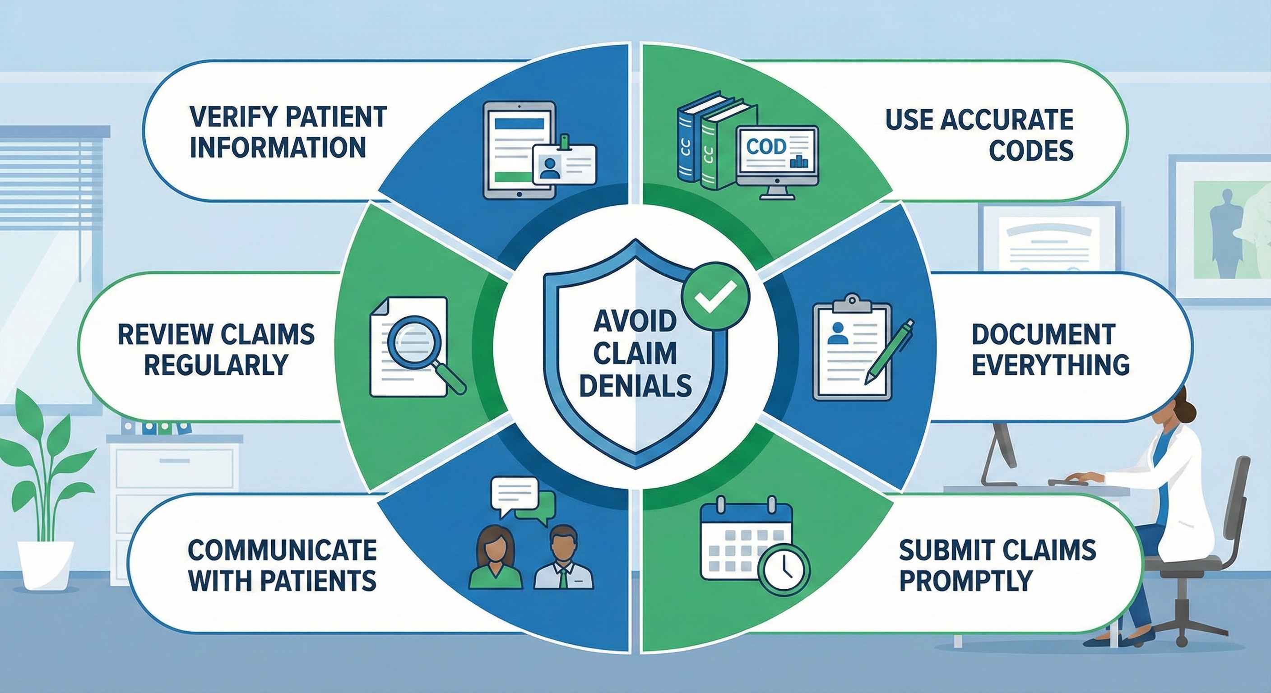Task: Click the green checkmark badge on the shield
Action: (x=715, y=296)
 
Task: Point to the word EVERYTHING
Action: (x=1051, y=364)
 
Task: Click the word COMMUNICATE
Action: (x=282, y=550)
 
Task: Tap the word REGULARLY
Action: (x=217, y=365)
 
